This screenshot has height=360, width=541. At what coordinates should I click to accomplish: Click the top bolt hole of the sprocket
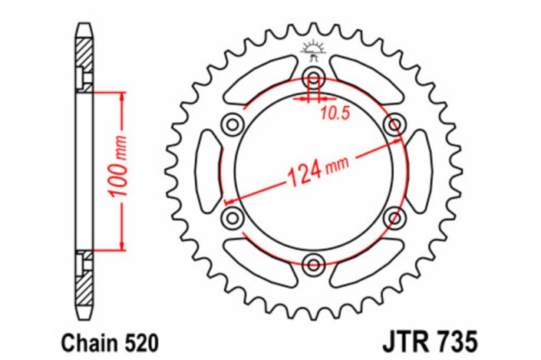tap(313, 77)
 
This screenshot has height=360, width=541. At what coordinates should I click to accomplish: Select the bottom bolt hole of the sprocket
tap(313, 265)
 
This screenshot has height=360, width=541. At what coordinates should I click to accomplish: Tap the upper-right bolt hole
tap(394, 124)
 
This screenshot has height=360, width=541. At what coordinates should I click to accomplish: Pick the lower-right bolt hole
tap(394, 218)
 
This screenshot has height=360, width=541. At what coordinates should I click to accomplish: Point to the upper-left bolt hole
tap(231, 124)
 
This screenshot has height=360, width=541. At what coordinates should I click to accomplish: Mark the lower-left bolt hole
tap(231, 218)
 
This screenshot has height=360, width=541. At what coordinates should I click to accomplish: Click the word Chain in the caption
tap(80, 339)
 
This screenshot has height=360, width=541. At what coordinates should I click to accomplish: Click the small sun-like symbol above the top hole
tap(312, 49)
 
